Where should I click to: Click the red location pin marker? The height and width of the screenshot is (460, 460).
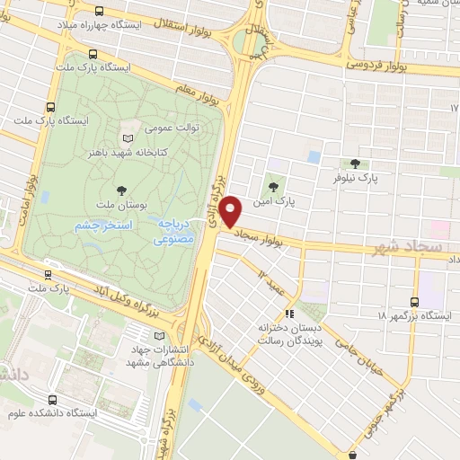232,211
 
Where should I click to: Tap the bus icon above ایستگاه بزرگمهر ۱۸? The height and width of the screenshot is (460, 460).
414,302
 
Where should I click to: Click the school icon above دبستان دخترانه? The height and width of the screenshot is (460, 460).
288,314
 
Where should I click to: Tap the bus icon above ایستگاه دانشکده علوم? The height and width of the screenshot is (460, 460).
53,400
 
